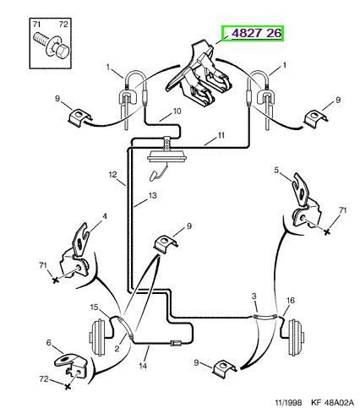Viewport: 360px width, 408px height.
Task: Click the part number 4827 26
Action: click(256, 33)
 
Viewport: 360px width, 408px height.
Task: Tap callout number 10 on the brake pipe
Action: click(177, 112)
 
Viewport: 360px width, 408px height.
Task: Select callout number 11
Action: click(221, 135)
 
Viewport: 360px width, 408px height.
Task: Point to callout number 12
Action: click(112, 175)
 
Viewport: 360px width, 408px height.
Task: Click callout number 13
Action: click(152, 195)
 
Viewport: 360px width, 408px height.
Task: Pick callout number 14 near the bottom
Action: click(143, 366)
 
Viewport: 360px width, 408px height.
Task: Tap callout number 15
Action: click(95, 307)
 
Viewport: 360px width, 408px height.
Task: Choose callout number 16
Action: click(291, 301)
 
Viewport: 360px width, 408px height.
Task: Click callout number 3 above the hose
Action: click(254, 296)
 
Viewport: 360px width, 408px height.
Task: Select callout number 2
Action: click(117, 349)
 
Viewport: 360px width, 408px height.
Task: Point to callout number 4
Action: click(105, 216)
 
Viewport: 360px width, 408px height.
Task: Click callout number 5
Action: click(276, 170)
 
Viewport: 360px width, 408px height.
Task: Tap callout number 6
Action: click(49, 342)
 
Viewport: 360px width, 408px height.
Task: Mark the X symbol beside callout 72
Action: click(67, 387)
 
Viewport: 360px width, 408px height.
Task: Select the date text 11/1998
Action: click(288, 402)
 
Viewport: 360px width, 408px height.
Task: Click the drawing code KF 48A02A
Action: click(332, 402)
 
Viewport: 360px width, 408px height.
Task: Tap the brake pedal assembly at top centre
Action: click(199, 73)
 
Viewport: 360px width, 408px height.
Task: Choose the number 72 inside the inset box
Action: click(63, 24)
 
